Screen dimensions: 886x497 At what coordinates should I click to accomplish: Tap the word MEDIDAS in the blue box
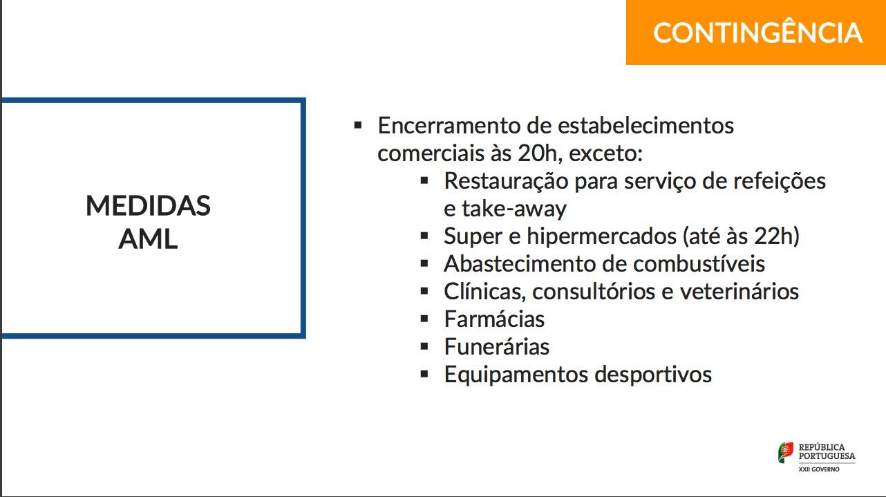coord(148,206)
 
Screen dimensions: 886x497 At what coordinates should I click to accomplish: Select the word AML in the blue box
coord(148,239)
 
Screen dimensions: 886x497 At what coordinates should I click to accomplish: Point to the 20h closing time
coord(540,153)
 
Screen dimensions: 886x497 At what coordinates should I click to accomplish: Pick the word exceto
coord(605,154)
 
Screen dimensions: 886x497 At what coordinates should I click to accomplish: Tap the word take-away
coord(514,209)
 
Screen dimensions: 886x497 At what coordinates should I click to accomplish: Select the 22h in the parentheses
coord(772,236)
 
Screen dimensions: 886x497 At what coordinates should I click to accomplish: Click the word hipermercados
coord(601,237)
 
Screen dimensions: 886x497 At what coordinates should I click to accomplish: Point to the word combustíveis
coord(699,264)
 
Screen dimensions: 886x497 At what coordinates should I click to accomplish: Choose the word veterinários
coord(739,292)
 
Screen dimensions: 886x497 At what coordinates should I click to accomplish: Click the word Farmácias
coord(494,319)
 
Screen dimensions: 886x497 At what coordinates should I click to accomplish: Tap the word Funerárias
coord(497,346)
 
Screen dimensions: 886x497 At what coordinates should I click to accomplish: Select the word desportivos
coord(653,375)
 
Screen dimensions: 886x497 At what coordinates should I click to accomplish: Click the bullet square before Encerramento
coord(358,125)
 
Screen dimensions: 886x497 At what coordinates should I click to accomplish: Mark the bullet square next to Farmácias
coord(424,319)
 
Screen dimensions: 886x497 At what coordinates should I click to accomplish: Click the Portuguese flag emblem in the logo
coord(786,452)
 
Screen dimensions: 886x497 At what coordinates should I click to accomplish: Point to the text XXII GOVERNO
coord(819,469)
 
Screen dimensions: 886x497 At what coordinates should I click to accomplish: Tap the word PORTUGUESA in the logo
coord(827,456)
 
